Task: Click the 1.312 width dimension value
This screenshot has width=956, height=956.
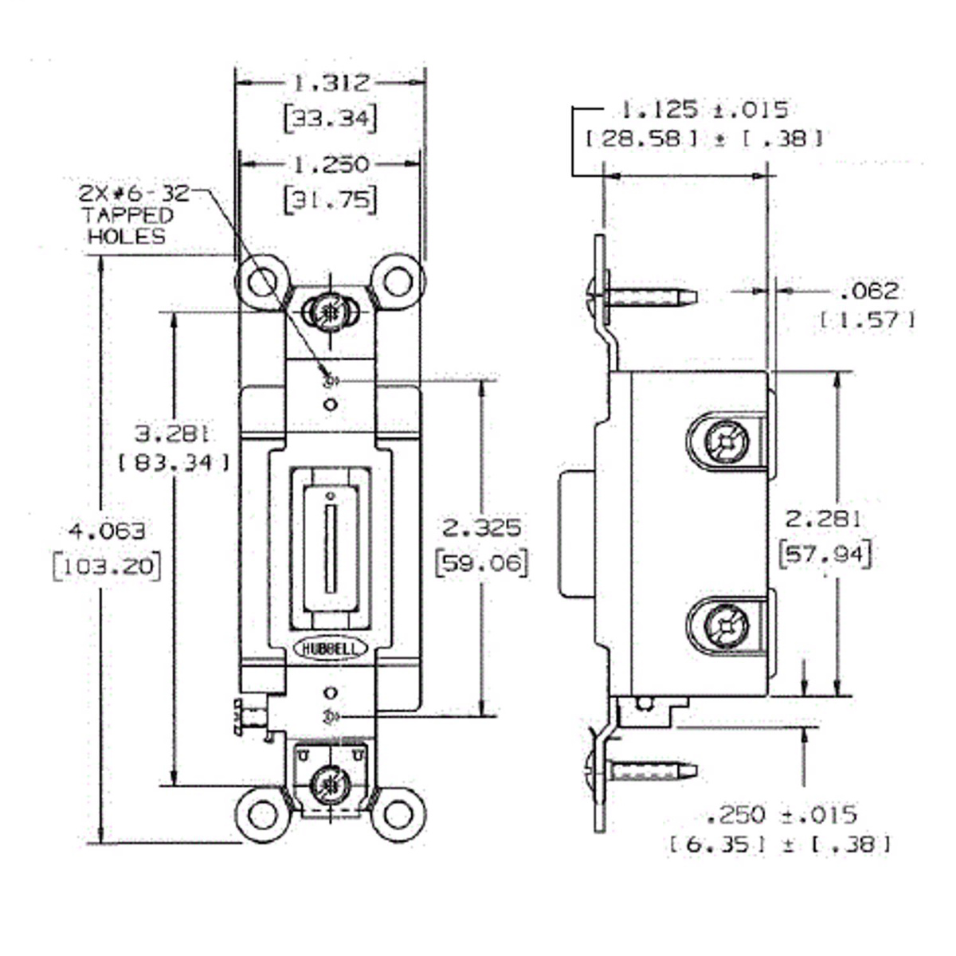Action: (x=330, y=83)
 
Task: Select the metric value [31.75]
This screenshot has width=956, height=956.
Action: (x=330, y=198)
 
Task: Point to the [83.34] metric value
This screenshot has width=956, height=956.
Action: (x=174, y=462)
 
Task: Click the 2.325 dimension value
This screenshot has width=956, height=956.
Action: (x=482, y=527)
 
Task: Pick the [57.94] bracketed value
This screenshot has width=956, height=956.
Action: (x=824, y=553)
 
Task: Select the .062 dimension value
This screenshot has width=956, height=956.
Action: (x=868, y=291)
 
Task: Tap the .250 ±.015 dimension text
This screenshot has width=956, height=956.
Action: (x=781, y=814)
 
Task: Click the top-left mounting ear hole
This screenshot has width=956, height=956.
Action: (x=261, y=282)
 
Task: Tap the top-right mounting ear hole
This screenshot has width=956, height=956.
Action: (x=398, y=282)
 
